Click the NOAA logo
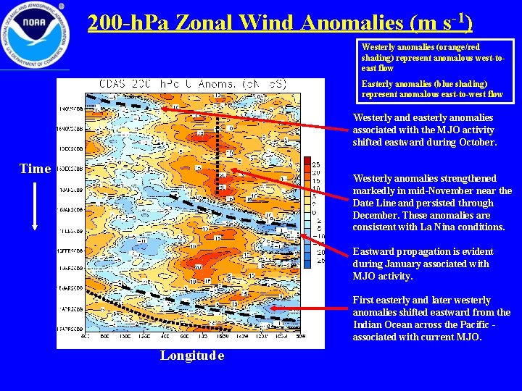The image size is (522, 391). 35,34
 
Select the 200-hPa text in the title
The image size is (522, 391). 124,23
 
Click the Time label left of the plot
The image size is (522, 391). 35,169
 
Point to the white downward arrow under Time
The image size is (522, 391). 34,206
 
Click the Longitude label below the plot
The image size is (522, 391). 192,356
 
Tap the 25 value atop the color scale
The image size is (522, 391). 316,163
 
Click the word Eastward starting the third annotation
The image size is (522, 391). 375,252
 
